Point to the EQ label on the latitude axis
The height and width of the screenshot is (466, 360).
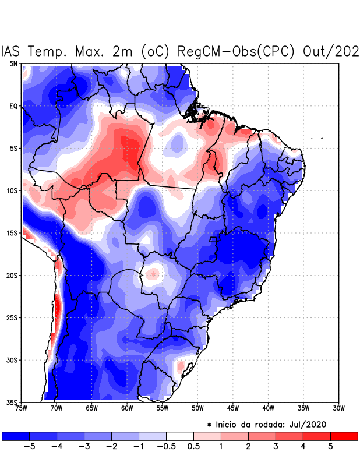[x=13, y=106]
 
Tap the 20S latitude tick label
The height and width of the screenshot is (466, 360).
[x=12, y=275]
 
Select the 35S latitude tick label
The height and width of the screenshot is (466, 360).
[x=12, y=402]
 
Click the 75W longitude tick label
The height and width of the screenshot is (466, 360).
[x=22, y=408]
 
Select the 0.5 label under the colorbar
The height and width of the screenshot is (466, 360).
[x=193, y=447]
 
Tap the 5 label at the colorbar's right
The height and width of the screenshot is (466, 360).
[x=331, y=447]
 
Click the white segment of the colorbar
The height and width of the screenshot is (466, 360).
[x=179, y=436]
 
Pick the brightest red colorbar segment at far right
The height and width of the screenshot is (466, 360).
[x=344, y=436]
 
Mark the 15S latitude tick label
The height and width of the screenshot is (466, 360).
[x=12, y=233]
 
